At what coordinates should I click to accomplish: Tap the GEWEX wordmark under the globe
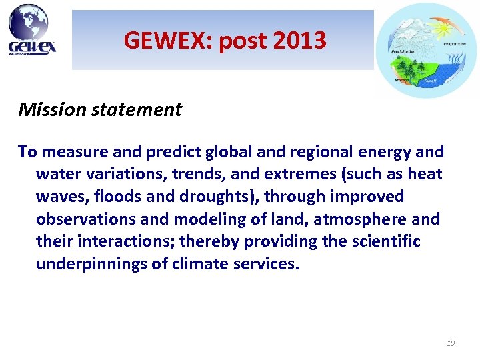click(32, 46)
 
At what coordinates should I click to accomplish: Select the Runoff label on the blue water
click(431, 81)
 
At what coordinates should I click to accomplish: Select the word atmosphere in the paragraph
click(353, 219)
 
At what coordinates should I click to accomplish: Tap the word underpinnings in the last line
click(93, 263)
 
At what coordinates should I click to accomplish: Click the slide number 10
click(450, 343)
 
